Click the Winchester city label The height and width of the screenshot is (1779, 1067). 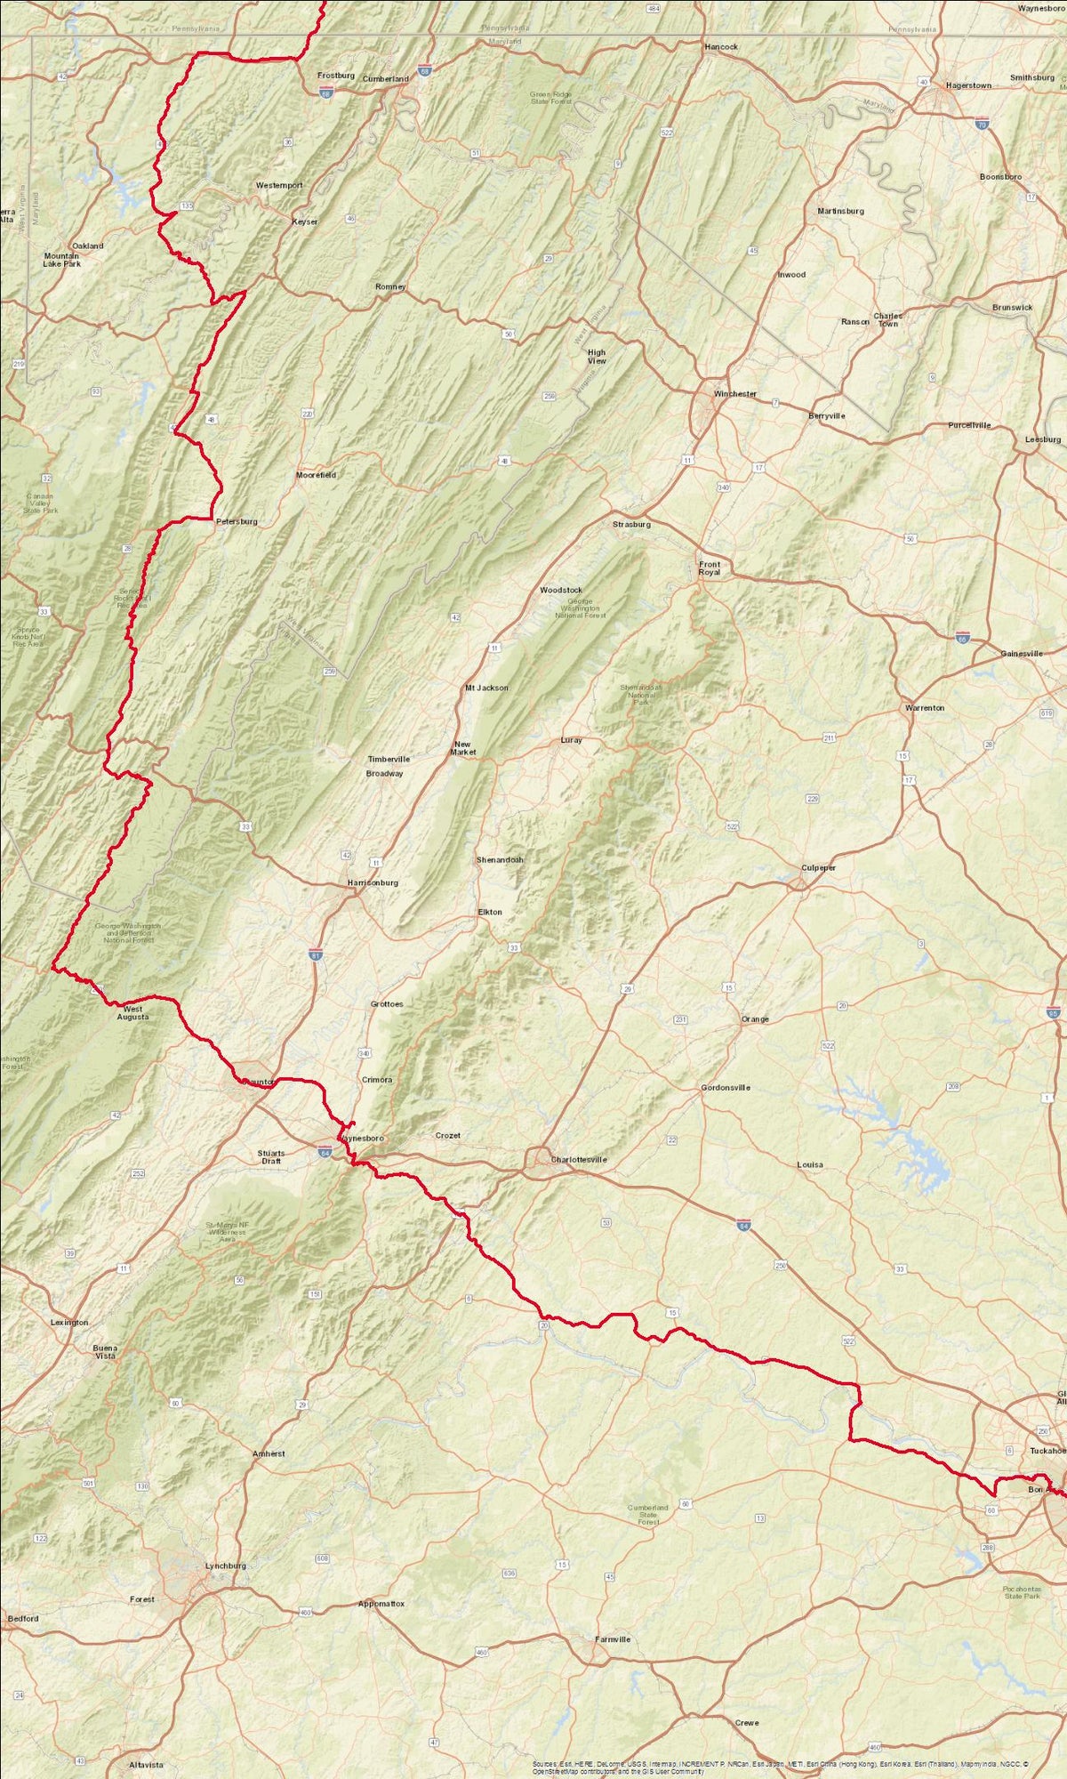pyautogui.click(x=735, y=394)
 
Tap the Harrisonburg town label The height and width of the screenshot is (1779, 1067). pyautogui.click(x=373, y=882)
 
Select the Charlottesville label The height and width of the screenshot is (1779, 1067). pyautogui.click(x=578, y=1160)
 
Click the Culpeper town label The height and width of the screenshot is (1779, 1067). pyautogui.click(x=818, y=867)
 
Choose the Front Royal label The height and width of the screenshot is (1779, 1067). pyautogui.click(x=710, y=568)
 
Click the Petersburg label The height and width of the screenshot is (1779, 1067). pyautogui.click(x=237, y=521)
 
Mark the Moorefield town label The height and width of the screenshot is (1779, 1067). pyautogui.click(x=317, y=475)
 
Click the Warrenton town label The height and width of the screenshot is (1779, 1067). pyautogui.click(x=925, y=708)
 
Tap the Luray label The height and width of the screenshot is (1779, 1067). pyautogui.click(x=571, y=740)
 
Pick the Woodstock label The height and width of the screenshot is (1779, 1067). pyautogui.click(x=561, y=591)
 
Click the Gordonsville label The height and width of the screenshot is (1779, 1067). pyautogui.click(x=726, y=1087)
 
